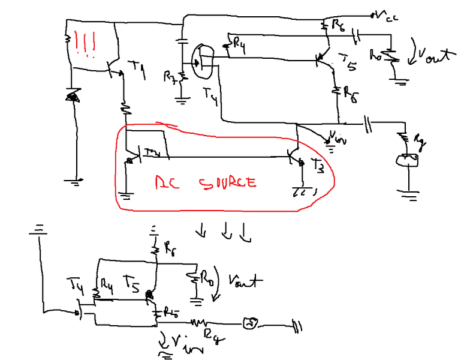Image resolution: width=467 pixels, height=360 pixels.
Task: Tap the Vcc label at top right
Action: pyautogui.click(x=387, y=16)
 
